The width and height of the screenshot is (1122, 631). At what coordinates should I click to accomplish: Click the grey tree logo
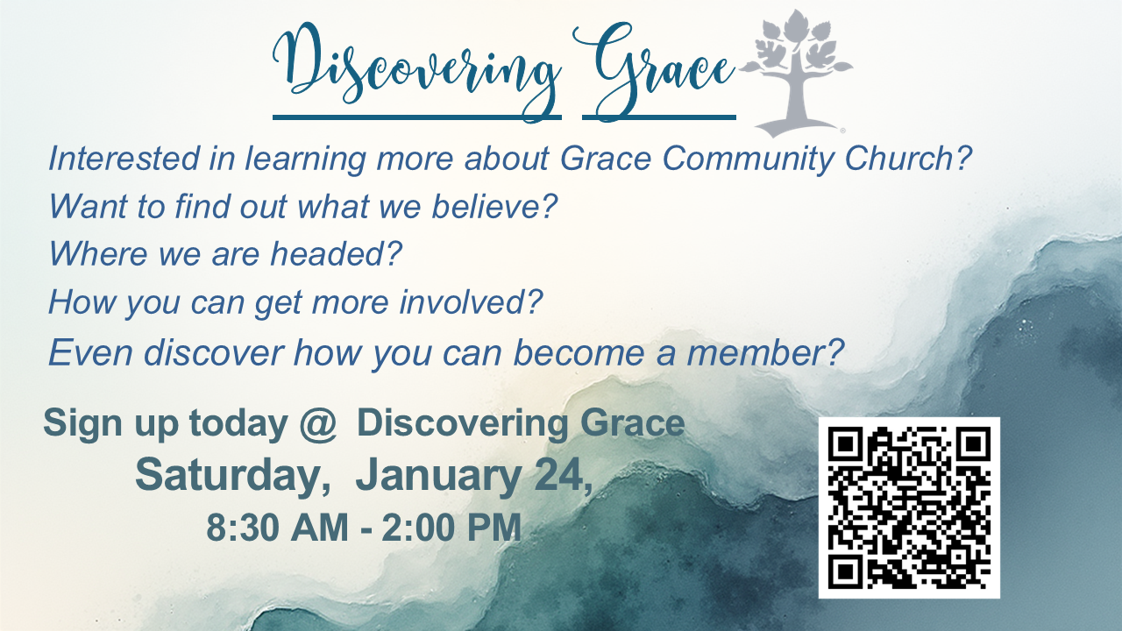coord(797,73)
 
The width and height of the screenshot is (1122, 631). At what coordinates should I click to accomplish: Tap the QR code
coord(909,507)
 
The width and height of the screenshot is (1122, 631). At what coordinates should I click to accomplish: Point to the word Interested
coord(124,159)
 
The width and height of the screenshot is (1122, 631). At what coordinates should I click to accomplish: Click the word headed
coord(336,253)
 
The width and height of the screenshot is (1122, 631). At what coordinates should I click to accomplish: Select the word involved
coord(471,301)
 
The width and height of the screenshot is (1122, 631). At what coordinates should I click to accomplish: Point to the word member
coord(765,352)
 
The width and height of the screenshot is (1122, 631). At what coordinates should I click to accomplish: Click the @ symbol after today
coord(318,423)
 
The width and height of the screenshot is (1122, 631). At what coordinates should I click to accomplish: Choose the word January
coord(437,476)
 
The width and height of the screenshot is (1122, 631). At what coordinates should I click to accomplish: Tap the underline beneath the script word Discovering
coord(416,117)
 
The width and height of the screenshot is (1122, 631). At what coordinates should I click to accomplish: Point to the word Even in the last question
coord(90,352)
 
